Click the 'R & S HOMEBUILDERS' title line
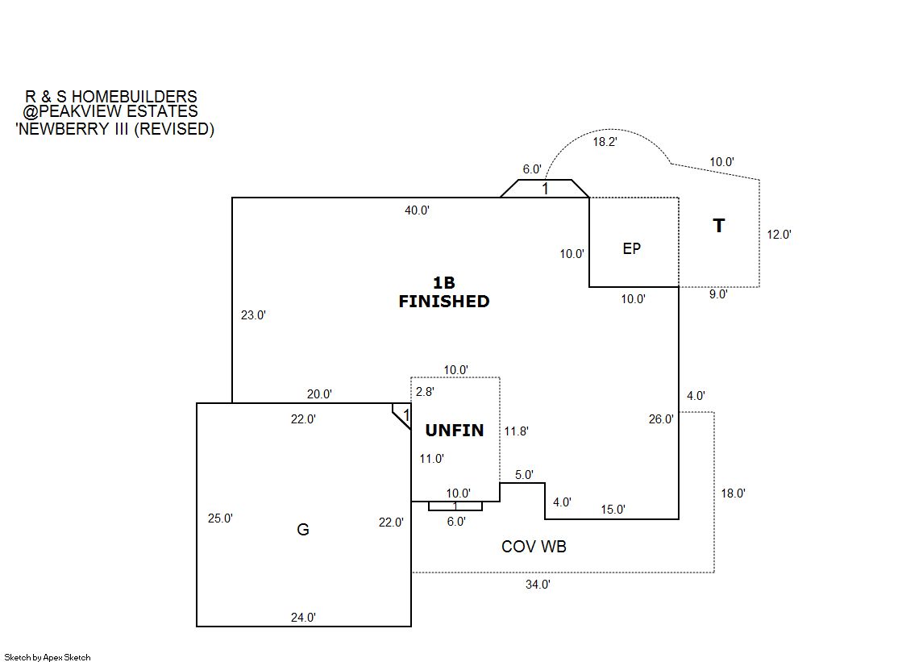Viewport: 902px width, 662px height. (x=111, y=98)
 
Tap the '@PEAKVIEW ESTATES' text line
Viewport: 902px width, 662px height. (x=110, y=112)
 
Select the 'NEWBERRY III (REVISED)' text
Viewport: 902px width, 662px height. (x=114, y=128)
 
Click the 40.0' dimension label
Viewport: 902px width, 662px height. (x=417, y=210)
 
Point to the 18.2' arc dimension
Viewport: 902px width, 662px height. (x=605, y=142)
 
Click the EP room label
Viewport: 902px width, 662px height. (x=632, y=248)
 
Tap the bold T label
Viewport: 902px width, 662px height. (x=718, y=226)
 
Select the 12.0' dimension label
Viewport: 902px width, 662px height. (x=779, y=235)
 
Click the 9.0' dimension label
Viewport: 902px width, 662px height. (x=718, y=294)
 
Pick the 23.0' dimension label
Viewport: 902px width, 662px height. (x=253, y=315)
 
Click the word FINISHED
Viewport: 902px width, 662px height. (x=444, y=302)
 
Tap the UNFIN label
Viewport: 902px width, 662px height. (x=455, y=431)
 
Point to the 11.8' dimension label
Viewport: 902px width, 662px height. (x=516, y=431)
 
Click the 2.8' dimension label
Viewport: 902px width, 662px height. (x=425, y=391)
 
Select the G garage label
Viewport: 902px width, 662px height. (x=303, y=530)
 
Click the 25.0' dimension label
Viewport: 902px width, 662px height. (x=220, y=518)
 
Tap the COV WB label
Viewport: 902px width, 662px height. (x=534, y=547)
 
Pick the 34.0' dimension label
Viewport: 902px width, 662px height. (x=538, y=585)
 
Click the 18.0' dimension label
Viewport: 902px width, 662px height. (x=733, y=493)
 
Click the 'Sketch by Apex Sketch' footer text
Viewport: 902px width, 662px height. (x=47, y=657)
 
